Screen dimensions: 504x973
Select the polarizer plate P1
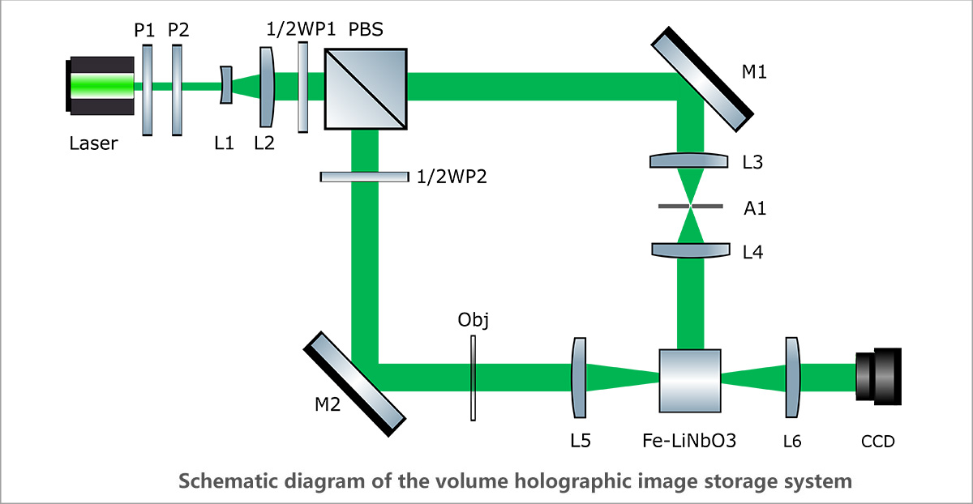tap(147, 89)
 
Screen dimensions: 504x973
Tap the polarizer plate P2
tap(178, 89)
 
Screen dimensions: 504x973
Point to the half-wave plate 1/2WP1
tap(303, 87)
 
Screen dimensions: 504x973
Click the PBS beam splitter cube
tap(366, 88)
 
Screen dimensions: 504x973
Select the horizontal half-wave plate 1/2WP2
tap(364, 176)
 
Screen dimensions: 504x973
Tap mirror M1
tap(702, 78)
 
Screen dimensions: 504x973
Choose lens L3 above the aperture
tap(689, 161)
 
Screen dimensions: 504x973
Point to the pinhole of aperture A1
tap(689, 207)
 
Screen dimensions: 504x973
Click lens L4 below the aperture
tap(689, 250)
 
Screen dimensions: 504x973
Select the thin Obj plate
tap(473, 378)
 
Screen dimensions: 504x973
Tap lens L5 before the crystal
tap(579, 378)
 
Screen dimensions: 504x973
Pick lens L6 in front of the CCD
tap(792, 378)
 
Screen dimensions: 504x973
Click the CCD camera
tap(877, 377)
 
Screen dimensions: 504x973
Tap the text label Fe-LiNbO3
tap(692, 442)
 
